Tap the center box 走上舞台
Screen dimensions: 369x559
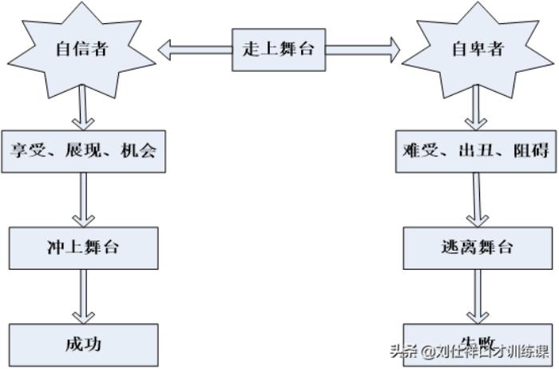pyautogui.click(x=279, y=48)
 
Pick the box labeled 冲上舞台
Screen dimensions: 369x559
pyautogui.click(x=83, y=247)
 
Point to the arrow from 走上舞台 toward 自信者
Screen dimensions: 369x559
pyautogui.click(x=195, y=50)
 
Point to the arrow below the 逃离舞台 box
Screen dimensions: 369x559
pyautogui.click(x=478, y=296)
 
